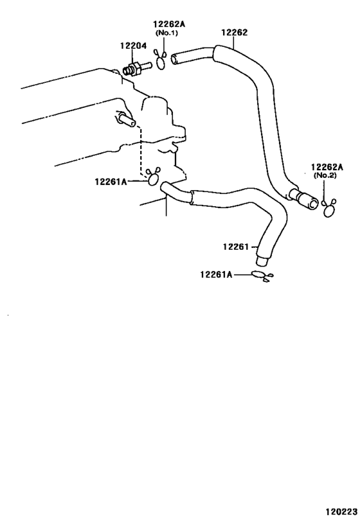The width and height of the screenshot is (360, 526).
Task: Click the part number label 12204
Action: (x=133, y=46)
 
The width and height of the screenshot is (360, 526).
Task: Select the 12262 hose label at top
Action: (x=235, y=32)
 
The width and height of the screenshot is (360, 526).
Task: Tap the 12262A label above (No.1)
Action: (x=169, y=24)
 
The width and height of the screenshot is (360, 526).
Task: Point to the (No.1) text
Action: (x=166, y=33)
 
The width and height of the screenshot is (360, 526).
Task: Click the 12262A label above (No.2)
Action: (x=327, y=167)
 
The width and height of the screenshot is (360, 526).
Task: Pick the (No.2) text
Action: (x=325, y=175)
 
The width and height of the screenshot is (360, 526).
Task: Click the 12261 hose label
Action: (x=236, y=247)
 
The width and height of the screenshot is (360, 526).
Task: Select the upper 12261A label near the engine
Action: (x=111, y=182)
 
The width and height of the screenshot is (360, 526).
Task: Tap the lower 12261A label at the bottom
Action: (x=216, y=274)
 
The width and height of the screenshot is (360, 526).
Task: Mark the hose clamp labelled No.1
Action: (x=161, y=60)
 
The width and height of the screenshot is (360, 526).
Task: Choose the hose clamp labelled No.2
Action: (x=328, y=209)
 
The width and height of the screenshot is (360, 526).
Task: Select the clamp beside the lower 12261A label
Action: (x=262, y=276)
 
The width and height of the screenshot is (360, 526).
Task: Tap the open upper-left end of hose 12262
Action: (x=175, y=59)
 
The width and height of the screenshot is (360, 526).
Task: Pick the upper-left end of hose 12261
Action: (x=165, y=187)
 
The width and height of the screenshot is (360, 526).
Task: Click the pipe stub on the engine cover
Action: (x=127, y=119)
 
